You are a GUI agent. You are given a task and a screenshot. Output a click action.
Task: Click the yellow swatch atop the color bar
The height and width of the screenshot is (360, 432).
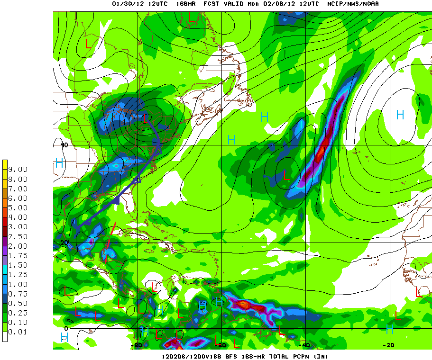click(x=5, y=165)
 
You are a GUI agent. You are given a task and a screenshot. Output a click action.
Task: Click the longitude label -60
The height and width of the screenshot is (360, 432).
click(x=221, y=345)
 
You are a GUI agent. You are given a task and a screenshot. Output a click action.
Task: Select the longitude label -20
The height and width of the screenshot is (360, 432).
click(x=388, y=345)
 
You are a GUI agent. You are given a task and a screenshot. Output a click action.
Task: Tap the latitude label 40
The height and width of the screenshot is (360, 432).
click(x=64, y=145)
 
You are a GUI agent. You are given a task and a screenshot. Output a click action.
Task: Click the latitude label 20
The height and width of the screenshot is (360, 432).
click(x=64, y=243)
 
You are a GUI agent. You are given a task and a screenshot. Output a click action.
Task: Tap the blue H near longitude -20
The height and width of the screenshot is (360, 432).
click(x=400, y=115)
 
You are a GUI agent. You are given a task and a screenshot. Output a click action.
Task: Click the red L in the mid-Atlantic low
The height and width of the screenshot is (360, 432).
click(x=285, y=175)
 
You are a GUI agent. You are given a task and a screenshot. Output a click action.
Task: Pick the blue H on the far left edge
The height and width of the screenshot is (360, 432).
click(x=59, y=163)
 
